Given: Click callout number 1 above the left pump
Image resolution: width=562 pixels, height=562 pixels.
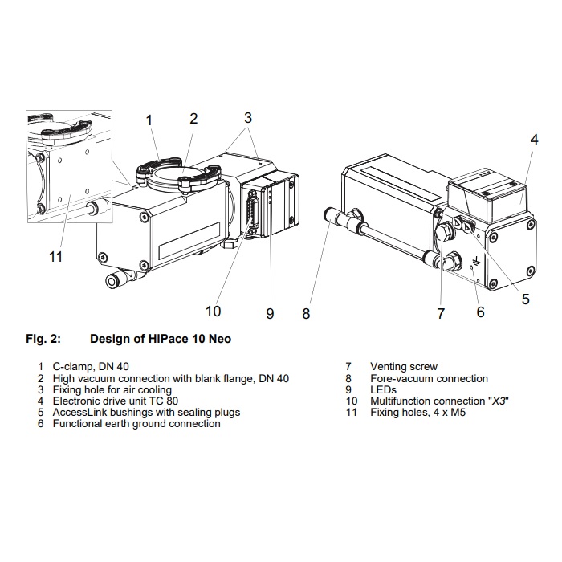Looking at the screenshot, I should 149,120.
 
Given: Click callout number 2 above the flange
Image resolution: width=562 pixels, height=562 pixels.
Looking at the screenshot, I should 193,119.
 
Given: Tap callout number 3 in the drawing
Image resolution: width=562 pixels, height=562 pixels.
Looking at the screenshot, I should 248,117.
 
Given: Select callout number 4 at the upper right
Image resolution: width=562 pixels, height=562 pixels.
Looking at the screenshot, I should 534,139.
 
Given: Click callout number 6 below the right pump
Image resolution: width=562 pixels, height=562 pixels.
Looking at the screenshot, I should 480,312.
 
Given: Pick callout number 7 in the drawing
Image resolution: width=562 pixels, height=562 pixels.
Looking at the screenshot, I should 441,314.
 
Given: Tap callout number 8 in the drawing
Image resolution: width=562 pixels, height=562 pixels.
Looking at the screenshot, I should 306,314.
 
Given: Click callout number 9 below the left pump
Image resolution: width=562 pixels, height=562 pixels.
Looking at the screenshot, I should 270,314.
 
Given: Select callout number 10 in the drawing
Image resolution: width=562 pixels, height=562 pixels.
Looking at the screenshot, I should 213,311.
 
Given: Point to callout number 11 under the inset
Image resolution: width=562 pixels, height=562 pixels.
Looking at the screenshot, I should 55,257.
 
